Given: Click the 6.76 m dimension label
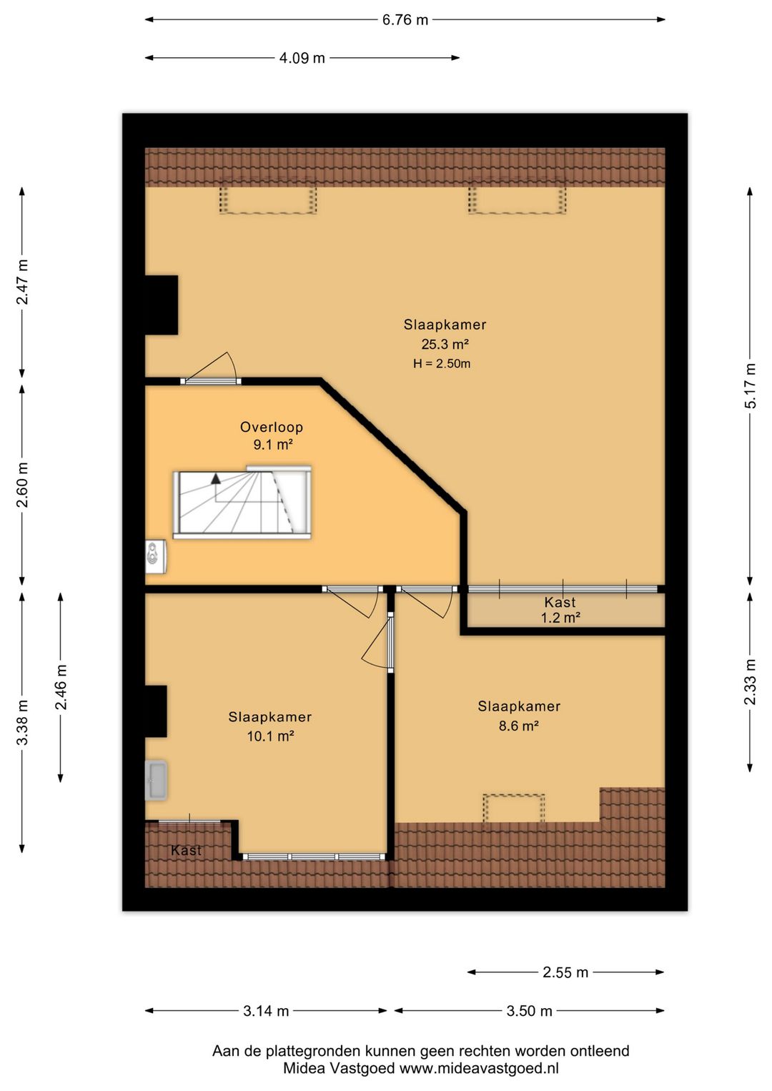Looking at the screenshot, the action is (405, 20).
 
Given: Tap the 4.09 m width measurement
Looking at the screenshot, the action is (302, 58).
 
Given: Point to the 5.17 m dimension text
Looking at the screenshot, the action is (751, 385).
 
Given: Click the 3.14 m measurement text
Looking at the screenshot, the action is (266, 1011).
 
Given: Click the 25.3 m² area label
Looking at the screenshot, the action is (445, 345).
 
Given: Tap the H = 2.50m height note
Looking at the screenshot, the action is (442, 363).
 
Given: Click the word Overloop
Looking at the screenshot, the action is (272, 427).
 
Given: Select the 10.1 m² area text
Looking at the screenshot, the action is (270, 736).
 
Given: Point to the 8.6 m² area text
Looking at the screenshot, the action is (519, 726).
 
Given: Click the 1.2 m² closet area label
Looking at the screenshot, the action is (560, 618).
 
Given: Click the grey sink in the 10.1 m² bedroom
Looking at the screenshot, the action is (156, 780).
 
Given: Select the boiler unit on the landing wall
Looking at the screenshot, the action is (155, 556).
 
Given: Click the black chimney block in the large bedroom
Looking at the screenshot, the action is (162, 305).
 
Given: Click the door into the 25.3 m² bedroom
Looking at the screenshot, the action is (210, 381).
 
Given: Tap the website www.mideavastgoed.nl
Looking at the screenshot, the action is (479, 1068).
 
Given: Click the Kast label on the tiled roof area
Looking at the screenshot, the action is (186, 850).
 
